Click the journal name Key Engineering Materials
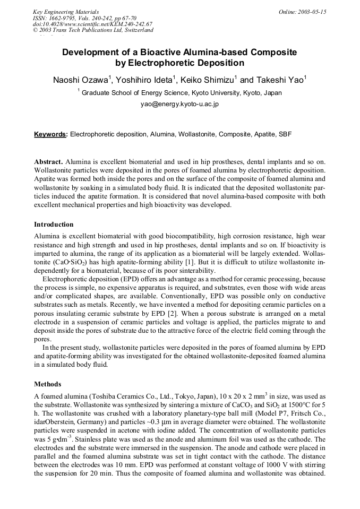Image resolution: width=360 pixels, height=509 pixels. (x=66, y=11)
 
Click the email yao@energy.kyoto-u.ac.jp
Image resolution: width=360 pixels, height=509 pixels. (x=179, y=104)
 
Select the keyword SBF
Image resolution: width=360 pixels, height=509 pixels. (x=285, y=134)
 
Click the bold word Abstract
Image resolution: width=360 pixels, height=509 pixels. (x=49, y=161)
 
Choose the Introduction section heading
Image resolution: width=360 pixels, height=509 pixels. (x=54, y=225)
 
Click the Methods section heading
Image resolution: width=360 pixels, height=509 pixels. (x=48, y=384)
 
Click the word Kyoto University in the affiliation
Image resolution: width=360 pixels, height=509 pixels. (x=215, y=92)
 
